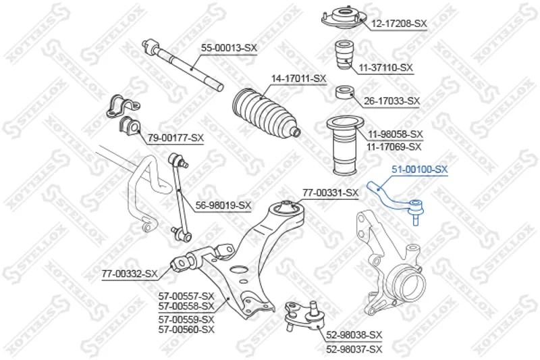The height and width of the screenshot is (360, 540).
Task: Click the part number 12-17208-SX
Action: (x=399, y=24)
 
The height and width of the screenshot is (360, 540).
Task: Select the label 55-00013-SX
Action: (x=229, y=48)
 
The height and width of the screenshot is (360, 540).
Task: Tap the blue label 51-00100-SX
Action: (x=420, y=169)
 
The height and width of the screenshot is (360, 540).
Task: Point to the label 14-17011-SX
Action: (x=298, y=78)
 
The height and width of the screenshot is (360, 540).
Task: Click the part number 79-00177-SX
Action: (x=175, y=138)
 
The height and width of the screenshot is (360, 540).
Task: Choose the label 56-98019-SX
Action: (x=223, y=205)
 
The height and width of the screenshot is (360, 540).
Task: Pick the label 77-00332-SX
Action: (x=130, y=274)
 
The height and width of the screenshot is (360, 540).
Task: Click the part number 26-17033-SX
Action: (x=392, y=101)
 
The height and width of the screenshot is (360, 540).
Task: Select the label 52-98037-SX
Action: (x=354, y=349)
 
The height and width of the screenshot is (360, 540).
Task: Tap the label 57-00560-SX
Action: (x=186, y=330)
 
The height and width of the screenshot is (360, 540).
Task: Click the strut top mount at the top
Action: (x=343, y=20)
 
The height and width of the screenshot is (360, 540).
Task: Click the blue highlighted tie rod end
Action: (x=396, y=201)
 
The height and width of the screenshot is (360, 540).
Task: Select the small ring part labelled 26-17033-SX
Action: (x=345, y=93)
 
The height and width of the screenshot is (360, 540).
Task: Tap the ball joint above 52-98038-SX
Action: (x=305, y=316)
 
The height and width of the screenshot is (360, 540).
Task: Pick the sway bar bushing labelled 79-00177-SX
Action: (x=130, y=125)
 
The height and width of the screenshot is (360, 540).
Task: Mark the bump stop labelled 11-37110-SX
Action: (x=344, y=55)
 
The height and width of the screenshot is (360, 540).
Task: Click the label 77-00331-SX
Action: (x=331, y=193)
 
